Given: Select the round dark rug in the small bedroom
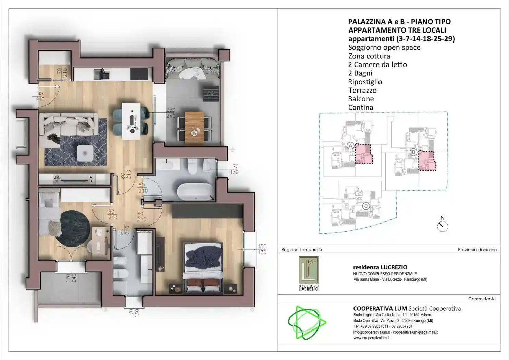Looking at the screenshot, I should pyautogui.click(x=73, y=228).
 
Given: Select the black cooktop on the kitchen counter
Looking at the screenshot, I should pyautogui.click(x=139, y=73).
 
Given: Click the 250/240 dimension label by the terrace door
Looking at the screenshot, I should pyautogui.click(x=171, y=113).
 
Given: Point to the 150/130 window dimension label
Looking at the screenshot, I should pyautogui.click(x=262, y=249).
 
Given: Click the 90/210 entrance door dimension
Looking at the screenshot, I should pyautogui.click(x=40, y=96).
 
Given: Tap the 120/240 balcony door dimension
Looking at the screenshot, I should pyautogui.click(x=71, y=278).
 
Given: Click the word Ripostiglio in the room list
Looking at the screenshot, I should pyautogui.click(x=365, y=82).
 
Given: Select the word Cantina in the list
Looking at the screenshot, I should pyautogui.click(x=360, y=108).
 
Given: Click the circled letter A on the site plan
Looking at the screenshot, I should pyautogui.click(x=350, y=145).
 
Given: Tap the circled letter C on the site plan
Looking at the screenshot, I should pyautogui.click(x=366, y=206).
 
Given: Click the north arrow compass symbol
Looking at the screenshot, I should pyautogui.click(x=443, y=226).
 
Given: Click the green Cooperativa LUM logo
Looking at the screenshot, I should pyautogui.click(x=306, y=323).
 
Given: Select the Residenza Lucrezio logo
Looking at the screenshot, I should pyautogui.click(x=308, y=274).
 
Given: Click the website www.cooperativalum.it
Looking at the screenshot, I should pyautogui.click(x=371, y=338).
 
